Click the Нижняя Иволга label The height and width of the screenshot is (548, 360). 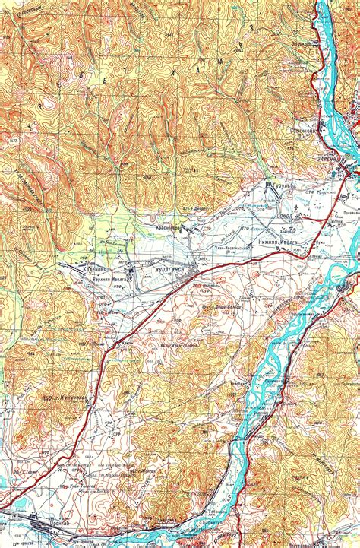coord(280,242)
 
